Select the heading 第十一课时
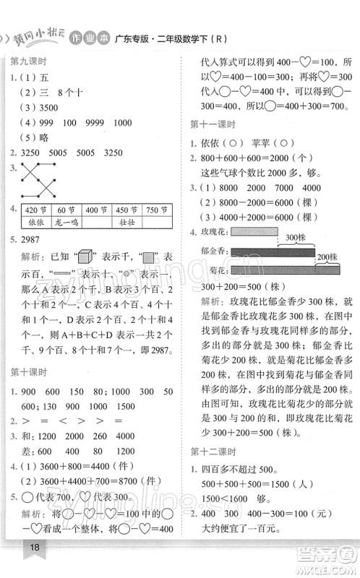[215, 123]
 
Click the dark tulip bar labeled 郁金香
[267, 251]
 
